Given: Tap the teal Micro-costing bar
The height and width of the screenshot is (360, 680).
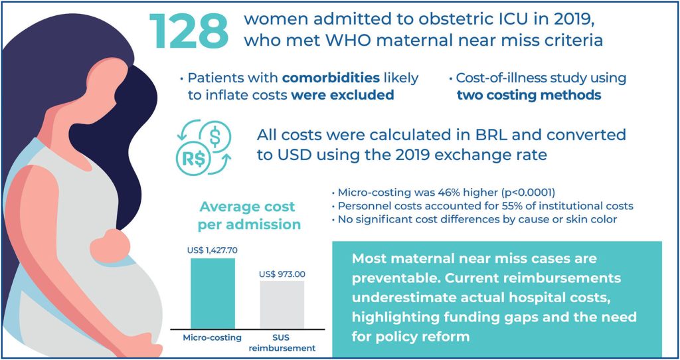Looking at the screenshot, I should [212, 292].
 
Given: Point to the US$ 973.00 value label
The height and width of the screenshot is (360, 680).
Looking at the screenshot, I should [282, 274].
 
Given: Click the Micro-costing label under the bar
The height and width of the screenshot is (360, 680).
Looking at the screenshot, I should [212, 337].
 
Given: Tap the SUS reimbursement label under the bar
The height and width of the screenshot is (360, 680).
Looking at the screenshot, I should [282, 343].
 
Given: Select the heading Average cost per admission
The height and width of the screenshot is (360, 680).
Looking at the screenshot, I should [248, 215].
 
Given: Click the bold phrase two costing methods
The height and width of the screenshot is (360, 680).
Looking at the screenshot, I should [529, 95].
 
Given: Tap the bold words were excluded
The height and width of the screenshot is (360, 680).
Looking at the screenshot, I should [343, 95].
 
